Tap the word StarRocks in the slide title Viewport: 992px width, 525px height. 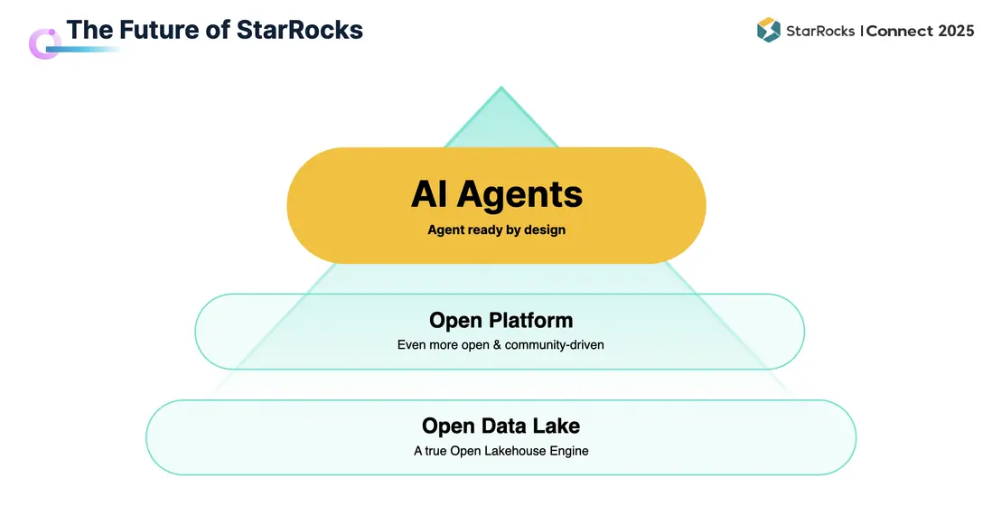click(300, 30)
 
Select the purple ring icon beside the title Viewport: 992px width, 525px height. click(44, 43)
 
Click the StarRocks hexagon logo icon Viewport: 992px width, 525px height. click(769, 31)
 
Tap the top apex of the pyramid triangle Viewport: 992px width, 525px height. click(501, 88)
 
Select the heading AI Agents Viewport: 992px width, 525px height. click(497, 193)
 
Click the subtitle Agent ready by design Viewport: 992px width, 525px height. click(497, 230)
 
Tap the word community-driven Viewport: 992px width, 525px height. click(554, 345)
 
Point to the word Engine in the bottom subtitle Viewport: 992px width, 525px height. click(568, 451)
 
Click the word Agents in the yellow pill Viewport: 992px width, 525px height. click(520, 193)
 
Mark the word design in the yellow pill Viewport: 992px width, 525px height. click(545, 230)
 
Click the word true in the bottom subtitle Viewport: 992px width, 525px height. click(435, 451)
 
